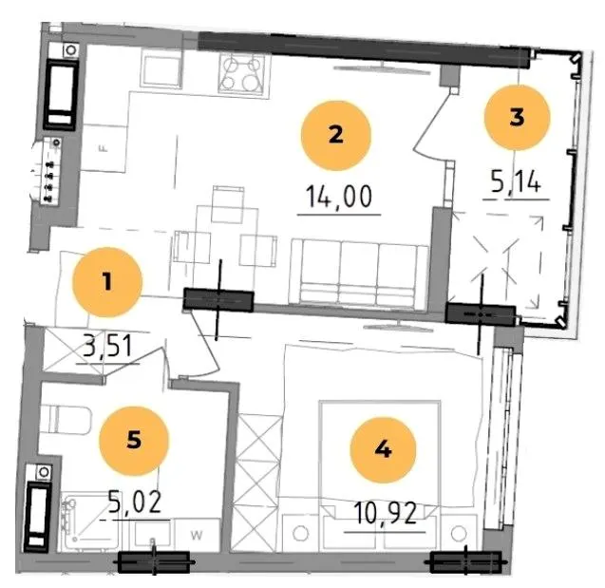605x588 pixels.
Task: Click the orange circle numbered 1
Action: pos(107,282)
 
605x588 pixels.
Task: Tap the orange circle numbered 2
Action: pos(335,135)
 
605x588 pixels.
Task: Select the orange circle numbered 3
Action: pos(517,117)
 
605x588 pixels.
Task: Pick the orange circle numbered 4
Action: pos(383,449)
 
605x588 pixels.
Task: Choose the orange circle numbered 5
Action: pos(134,440)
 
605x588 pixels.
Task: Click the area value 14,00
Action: pos(339,197)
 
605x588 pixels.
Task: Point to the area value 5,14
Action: pos(516,181)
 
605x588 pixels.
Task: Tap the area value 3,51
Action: pos(108,346)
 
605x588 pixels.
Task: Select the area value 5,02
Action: pos(134,502)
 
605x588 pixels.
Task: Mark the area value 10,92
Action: pos(385,513)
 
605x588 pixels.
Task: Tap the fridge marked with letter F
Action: pos(104,148)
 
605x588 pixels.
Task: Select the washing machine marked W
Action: pos(197,535)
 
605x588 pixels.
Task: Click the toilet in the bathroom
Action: pos(66,420)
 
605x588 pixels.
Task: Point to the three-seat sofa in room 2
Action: pos(359,274)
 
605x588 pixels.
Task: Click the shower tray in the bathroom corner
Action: pos(87,521)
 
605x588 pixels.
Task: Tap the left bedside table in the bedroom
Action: pos(300,533)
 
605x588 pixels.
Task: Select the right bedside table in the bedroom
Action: pos(459,533)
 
